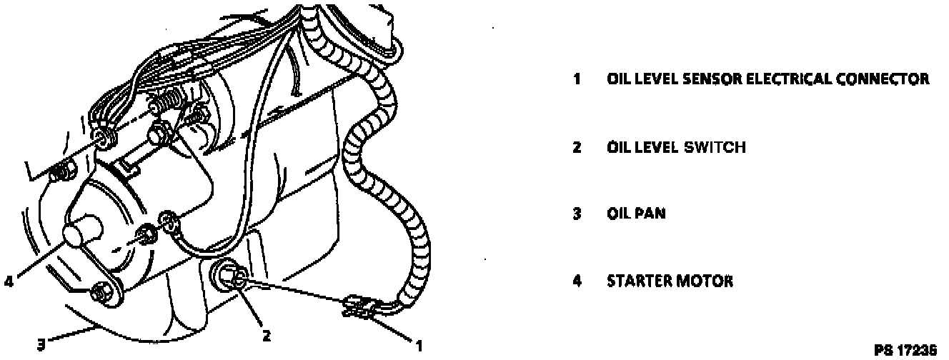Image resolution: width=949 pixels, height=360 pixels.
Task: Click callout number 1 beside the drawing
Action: pos(420,345)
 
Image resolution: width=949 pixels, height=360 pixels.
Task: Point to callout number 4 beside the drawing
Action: pos(8,281)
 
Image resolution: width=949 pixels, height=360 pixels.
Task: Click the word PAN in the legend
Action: pos(650,214)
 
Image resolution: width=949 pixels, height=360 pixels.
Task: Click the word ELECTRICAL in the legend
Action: pos(785,79)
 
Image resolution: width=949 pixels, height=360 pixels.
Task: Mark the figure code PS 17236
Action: pos(905,351)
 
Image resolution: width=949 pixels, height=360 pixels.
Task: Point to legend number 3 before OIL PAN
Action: pos(576,214)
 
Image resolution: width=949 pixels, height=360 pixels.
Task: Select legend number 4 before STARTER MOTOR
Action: pos(576,281)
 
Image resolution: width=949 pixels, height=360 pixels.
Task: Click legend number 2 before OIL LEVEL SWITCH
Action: pos(576,148)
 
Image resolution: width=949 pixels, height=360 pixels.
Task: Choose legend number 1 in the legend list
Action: pos(576,79)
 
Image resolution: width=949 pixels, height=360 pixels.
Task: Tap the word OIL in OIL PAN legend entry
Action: pos(620,214)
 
